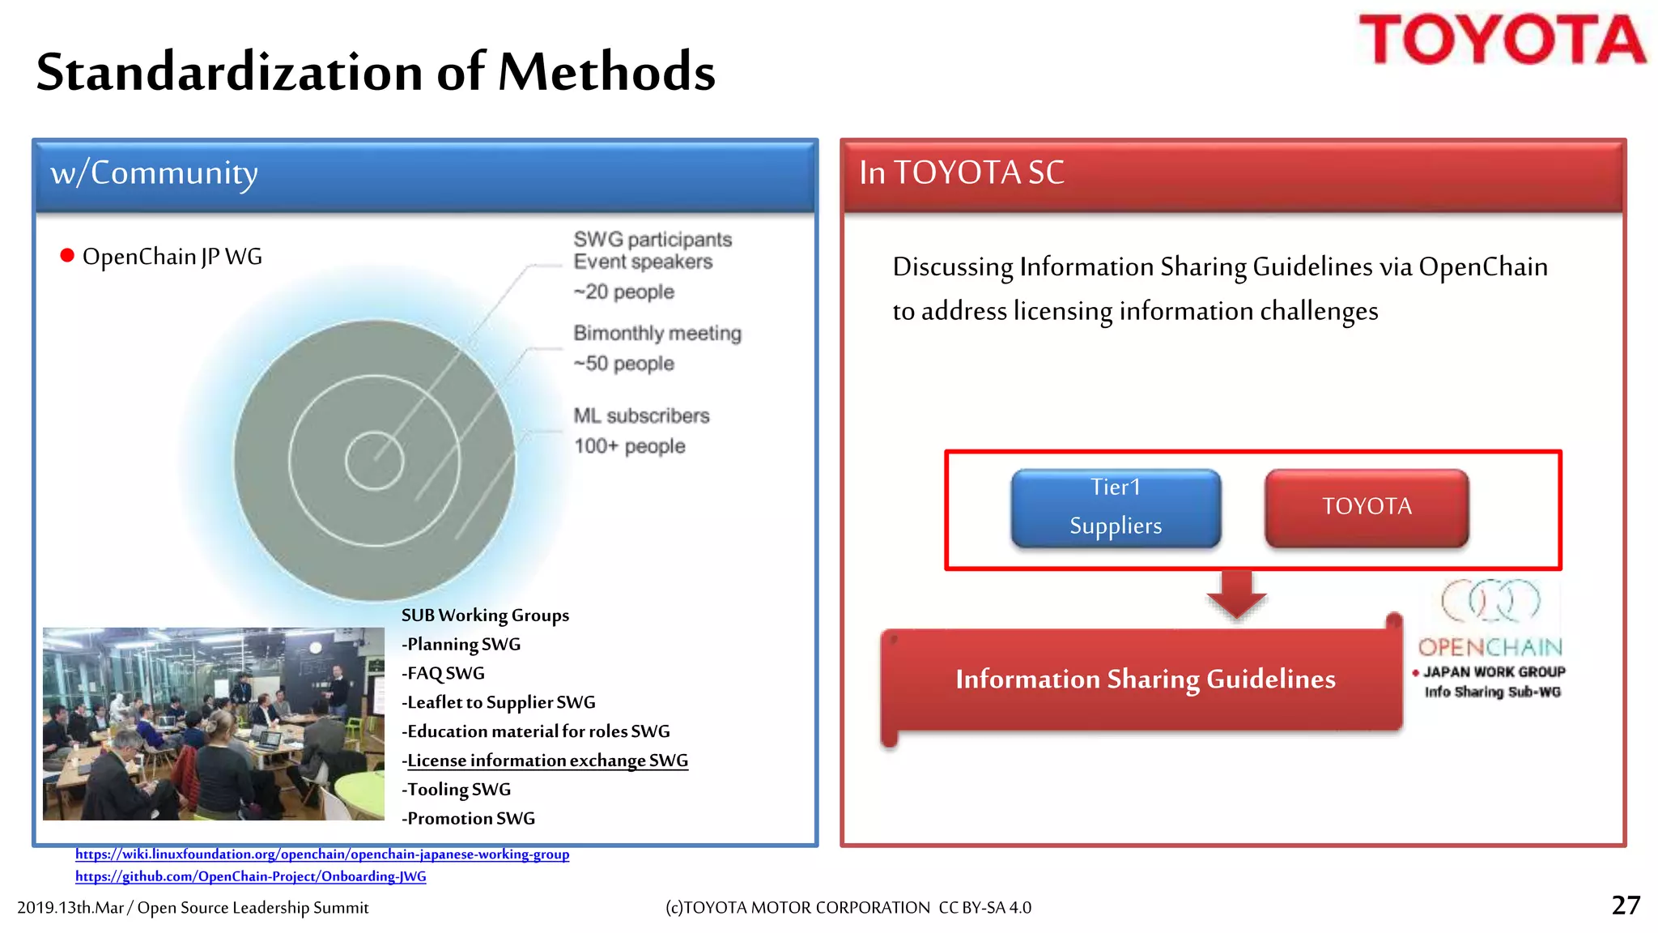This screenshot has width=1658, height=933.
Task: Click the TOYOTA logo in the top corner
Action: (x=1502, y=40)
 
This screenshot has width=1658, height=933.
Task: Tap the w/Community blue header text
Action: (x=154, y=173)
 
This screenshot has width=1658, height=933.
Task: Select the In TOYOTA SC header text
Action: (x=961, y=173)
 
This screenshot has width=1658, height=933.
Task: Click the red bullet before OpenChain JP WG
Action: (x=67, y=257)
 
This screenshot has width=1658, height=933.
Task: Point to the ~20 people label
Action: (x=623, y=292)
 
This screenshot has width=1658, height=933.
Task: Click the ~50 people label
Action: (x=623, y=364)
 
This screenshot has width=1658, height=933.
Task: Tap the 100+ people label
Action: (x=629, y=446)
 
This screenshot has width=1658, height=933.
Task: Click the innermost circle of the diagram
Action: (x=374, y=461)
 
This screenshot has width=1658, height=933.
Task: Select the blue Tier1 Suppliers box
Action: (x=1116, y=508)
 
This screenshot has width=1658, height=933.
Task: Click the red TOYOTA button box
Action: (x=1367, y=507)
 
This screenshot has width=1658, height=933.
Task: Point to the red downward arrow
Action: (x=1236, y=595)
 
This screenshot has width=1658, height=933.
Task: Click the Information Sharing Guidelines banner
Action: (x=1145, y=679)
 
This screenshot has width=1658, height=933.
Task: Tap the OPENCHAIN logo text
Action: (x=1490, y=647)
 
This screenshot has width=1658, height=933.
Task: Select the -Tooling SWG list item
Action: (x=457, y=790)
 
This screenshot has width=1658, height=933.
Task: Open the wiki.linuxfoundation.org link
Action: (x=322, y=854)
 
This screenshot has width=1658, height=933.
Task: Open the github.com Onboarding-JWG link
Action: (x=250, y=876)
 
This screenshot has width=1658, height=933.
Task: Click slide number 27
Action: (x=1626, y=905)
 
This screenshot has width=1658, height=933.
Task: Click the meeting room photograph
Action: (x=213, y=723)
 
